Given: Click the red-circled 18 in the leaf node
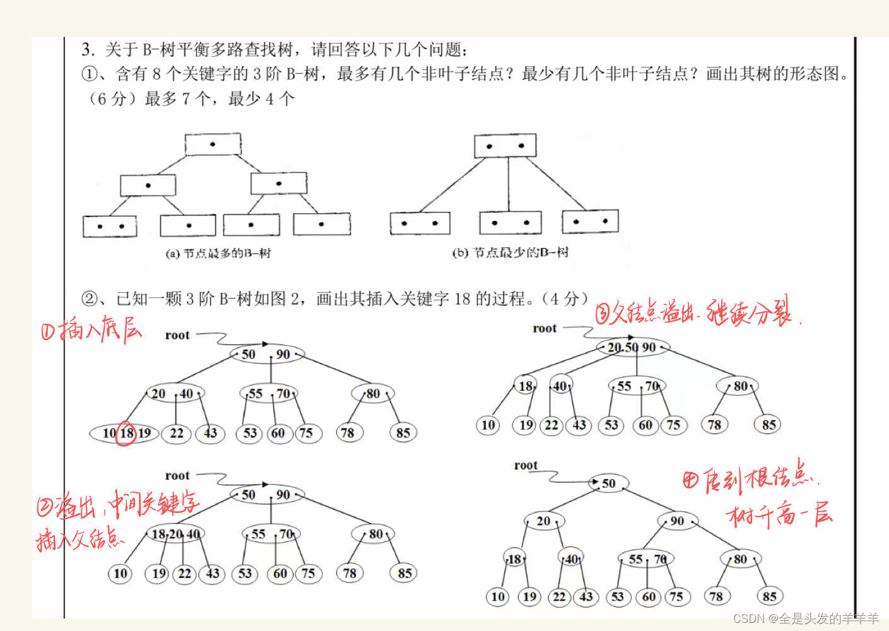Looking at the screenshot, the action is pos(126,433).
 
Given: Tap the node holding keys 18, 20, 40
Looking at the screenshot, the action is pos(175,534).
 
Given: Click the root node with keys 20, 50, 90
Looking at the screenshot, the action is pos(632,347).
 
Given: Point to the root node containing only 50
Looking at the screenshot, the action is pos(607,483).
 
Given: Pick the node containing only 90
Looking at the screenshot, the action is pos(677,521).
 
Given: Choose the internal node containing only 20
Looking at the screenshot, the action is pos(543,521).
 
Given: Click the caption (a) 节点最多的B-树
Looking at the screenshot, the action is pos(218,254).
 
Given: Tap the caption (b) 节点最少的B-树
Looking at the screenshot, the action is pos(510,253).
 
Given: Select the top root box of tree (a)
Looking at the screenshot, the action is pos(213,144).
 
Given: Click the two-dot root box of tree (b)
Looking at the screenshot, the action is pos(505,146).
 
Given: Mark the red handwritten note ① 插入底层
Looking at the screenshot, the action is pos(91,329).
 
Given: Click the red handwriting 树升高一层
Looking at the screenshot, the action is pos(780,516).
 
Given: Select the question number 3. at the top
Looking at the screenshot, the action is pos(88,49).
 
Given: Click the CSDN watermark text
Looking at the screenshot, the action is pos(806,618).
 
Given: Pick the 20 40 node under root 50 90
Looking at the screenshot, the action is pos(174,394).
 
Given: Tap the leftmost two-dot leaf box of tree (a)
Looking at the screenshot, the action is pos(110,226).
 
